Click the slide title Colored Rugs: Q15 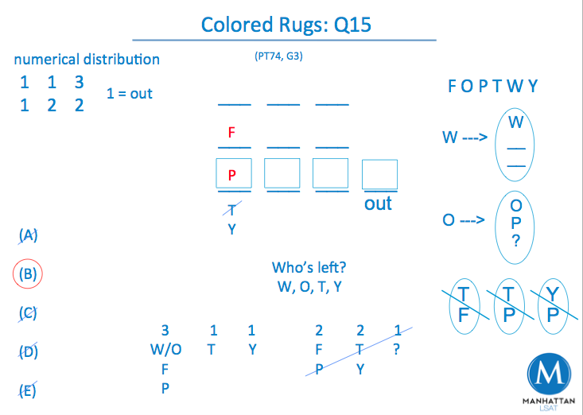click(x=286, y=25)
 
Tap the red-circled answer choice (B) click(x=28, y=274)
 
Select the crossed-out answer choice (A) click(x=28, y=235)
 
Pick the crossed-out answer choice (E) click(x=28, y=390)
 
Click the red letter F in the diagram click(x=231, y=133)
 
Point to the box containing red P click(x=232, y=174)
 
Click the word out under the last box click(x=378, y=204)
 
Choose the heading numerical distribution click(x=87, y=60)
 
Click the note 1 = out click(x=129, y=94)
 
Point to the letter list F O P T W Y click(x=493, y=87)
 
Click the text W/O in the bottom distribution click(x=165, y=349)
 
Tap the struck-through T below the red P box click(x=231, y=210)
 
